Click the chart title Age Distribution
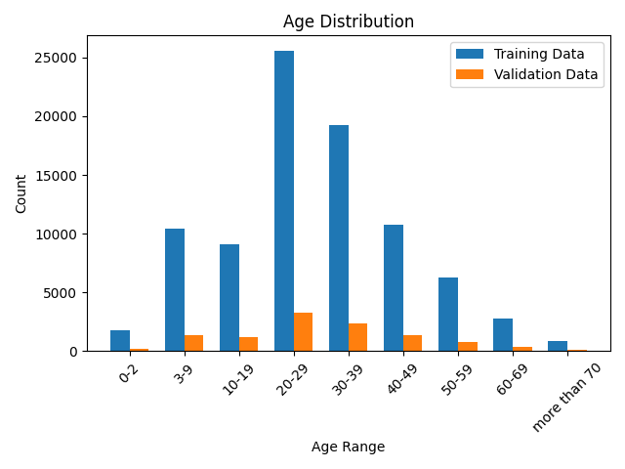point(348,21)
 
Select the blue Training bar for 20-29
point(284,201)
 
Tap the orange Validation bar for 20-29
point(303,332)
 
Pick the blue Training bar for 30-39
point(339,238)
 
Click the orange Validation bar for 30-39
point(357,337)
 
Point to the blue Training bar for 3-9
point(175,290)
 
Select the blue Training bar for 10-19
point(229,298)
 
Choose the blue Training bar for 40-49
point(394,288)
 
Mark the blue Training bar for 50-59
point(448,315)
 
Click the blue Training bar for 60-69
point(503,335)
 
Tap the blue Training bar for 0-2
point(120,341)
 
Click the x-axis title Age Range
point(348,447)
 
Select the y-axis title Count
point(21,194)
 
